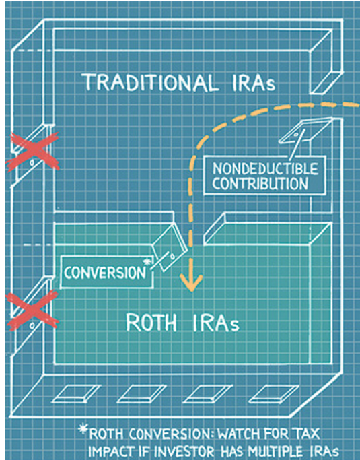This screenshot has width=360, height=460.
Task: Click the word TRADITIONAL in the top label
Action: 149,82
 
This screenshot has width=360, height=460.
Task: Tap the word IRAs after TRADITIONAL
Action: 254,82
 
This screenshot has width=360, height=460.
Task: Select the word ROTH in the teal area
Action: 151,322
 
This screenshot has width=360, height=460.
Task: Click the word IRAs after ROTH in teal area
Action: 216,323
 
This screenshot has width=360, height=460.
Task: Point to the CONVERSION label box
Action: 107,272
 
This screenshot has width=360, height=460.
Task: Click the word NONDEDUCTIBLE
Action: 265,168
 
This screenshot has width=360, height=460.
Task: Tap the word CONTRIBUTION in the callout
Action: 260,184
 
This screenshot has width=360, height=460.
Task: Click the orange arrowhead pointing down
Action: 191,282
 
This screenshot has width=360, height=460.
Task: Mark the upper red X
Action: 32,152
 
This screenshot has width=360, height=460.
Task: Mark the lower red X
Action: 32,310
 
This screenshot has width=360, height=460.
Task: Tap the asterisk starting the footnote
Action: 83,430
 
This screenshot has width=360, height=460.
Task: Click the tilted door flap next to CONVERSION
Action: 170,247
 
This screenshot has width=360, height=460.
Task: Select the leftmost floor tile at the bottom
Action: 76,394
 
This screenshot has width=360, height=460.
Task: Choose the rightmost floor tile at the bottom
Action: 274,394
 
